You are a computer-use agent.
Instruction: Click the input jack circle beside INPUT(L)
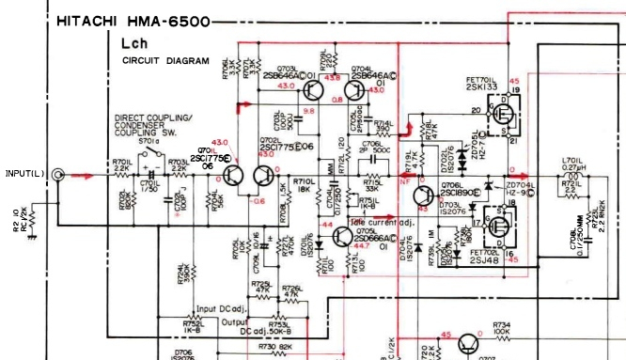click(60, 175)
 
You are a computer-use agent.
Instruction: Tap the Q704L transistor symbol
click(355, 91)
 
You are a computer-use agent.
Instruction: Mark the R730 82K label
click(274, 347)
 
